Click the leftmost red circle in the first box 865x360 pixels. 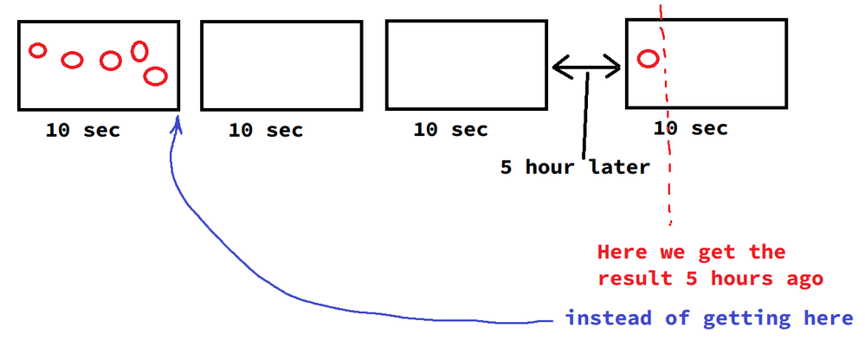coord(37,50)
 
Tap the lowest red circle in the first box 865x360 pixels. coord(155,76)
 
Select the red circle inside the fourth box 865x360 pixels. coord(648,59)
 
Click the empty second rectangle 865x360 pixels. coord(281,66)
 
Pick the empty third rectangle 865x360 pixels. coord(466,66)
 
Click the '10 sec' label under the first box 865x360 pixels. coord(83,131)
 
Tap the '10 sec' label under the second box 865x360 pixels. coord(266,131)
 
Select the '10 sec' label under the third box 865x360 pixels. coord(450,131)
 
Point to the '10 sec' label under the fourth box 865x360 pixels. coord(691,129)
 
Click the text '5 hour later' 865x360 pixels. coord(574,167)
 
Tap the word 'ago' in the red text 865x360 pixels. coord(804,280)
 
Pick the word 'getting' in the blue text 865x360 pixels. coord(744,319)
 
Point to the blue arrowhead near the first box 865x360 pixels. coord(178,125)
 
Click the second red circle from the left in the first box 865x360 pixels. coord(72,60)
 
